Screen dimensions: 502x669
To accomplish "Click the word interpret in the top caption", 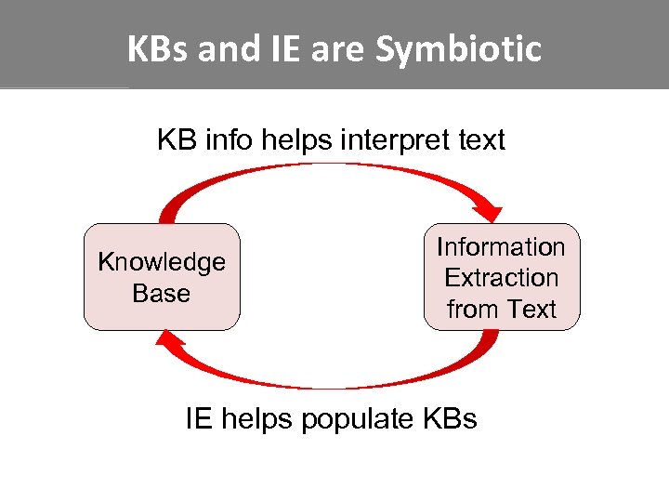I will (389, 140).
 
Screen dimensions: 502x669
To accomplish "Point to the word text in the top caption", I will (479, 140).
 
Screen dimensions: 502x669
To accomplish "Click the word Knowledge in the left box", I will (162, 262).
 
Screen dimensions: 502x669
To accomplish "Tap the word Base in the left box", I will (161, 293).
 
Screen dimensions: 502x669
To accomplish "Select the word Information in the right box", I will (501, 247).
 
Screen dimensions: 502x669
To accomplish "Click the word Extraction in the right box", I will (501, 278).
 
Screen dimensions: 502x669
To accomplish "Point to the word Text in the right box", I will (531, 309).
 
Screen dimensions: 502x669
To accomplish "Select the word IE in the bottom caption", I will (198, 419).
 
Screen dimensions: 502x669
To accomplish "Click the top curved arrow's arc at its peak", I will (331, 166).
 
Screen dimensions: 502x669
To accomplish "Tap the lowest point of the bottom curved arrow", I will (331, 385).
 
